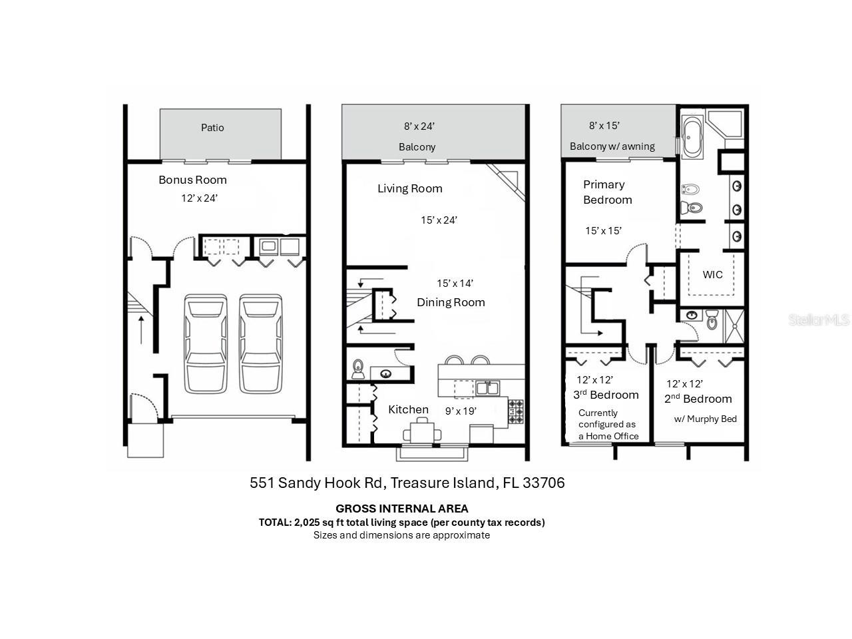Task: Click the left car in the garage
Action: pos(206,343)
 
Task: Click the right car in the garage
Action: pos(262,343)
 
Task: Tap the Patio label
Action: pos(212,128)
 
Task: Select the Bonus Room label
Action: pos(192,180)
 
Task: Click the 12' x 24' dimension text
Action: pos(199,198)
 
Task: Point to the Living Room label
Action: pos(409,188)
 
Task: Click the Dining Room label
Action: pos(451,302)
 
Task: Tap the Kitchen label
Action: pos(408,409)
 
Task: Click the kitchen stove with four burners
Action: pos(516,411)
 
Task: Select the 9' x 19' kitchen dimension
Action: pos(461,411)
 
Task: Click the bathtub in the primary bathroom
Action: pos(692,137)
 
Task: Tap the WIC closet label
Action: pos(712,274)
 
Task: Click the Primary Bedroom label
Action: pos(607,192)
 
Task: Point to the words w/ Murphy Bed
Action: pos(705,419)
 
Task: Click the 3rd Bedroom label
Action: pos(606,395)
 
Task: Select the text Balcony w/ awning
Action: pos(612,146)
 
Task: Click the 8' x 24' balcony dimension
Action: pos(419,126)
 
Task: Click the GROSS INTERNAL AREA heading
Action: pos(401,509)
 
